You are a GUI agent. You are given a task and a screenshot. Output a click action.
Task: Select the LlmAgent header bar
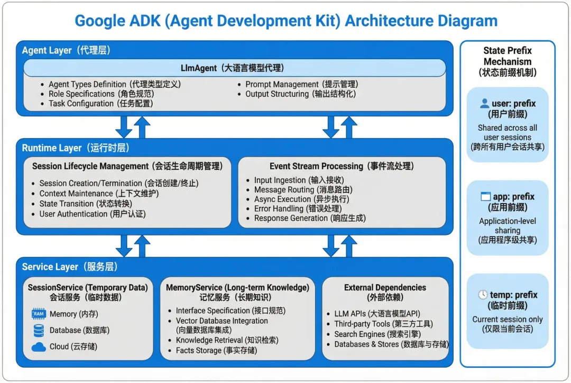tap(234, 68)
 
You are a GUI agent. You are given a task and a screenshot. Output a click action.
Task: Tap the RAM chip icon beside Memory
tap(39, 314)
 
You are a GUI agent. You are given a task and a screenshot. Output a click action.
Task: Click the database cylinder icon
tap(39, 331)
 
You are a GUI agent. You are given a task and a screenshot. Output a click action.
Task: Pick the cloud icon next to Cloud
tap(39, 347)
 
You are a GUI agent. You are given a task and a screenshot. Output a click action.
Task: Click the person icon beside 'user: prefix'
tap(484, 104)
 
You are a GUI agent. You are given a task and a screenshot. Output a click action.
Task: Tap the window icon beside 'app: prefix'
tap(485, 196)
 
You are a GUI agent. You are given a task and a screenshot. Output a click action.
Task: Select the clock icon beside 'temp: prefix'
tap(483, 295)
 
